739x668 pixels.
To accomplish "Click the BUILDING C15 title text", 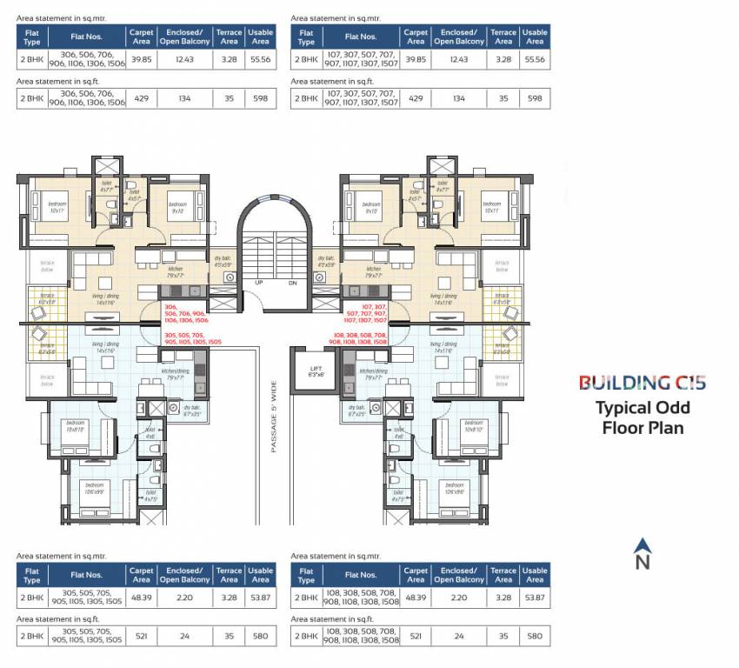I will (x=642, y=382).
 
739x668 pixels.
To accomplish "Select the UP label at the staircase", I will (x=258, y=283).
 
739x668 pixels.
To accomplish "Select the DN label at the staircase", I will (x=292, y=283).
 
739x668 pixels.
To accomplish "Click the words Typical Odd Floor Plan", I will (x=642, y=417).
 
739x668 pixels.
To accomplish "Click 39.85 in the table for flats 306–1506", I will (x=141, y=59).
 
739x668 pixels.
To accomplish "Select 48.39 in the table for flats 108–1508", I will (x=416, y=598).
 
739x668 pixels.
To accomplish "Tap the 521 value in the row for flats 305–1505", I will (x=141, y=637).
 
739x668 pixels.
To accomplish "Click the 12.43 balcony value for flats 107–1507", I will (x=458, y=59).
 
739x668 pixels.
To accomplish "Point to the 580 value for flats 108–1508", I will (x=535, y=637).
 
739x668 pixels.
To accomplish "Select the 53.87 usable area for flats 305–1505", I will (x=260, y=598).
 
